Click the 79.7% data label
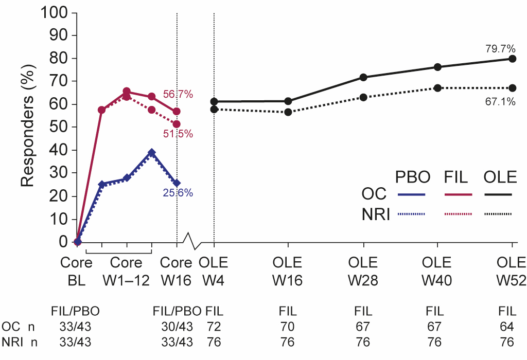tap(500, 49)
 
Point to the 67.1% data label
tap(500, 102)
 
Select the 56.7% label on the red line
tap(178, 95)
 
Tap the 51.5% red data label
tap(178, 134)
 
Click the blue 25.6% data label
tap(178, 193)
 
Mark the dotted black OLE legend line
tap(498, 213)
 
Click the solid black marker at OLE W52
tap(512, 59)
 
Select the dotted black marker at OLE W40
tap(438, 88)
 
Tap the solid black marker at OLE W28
tap(363, 77)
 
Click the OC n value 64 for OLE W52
tap(506, 327)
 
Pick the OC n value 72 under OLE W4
tap(214, 327)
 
